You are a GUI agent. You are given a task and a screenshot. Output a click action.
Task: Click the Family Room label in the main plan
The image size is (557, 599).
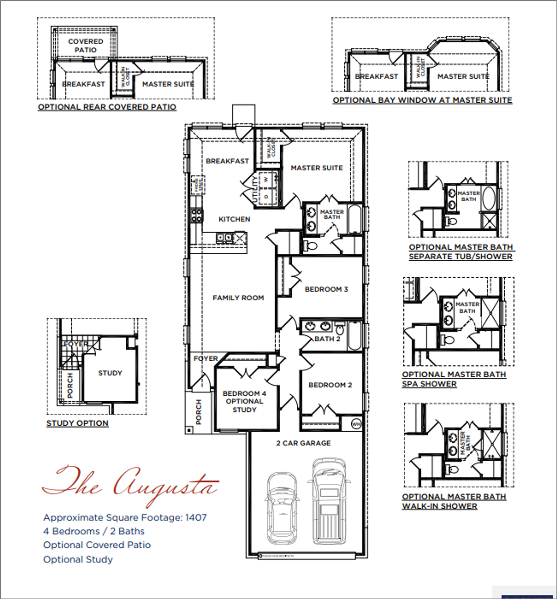click(x=238, y=298)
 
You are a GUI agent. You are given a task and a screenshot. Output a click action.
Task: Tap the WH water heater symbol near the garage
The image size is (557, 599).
click(x=356, y=424)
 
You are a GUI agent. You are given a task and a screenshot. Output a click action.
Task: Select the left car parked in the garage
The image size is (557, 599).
click(x=282, y=507)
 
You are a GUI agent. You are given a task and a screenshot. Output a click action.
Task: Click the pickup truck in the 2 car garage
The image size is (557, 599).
click(x=329, y=500)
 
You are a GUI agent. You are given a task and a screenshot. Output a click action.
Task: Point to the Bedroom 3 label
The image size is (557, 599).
click(x=326, y=289)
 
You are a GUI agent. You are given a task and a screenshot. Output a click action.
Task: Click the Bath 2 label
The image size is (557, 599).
click(x=327, y=339)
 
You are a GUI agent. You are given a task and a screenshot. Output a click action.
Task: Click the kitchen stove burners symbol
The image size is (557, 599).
click(x=197, y=215)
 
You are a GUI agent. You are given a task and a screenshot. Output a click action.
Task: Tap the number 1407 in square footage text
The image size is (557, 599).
click(x=196, y=518)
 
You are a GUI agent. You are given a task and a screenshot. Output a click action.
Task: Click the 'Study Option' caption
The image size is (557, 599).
click(x=77, y=423)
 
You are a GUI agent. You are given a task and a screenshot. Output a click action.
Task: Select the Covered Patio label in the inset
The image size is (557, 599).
click(x=86, y=46)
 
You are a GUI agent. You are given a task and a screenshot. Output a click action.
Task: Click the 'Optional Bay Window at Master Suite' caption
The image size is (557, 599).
click(x=422, y=100)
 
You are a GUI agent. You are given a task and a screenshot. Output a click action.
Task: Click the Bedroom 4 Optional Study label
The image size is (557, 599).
click(x=244, y=401)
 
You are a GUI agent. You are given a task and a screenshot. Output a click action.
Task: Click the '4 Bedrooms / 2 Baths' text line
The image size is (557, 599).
click(x=94, y=531)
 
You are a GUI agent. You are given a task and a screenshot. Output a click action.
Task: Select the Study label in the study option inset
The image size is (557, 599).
click(x=110, y=373)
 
